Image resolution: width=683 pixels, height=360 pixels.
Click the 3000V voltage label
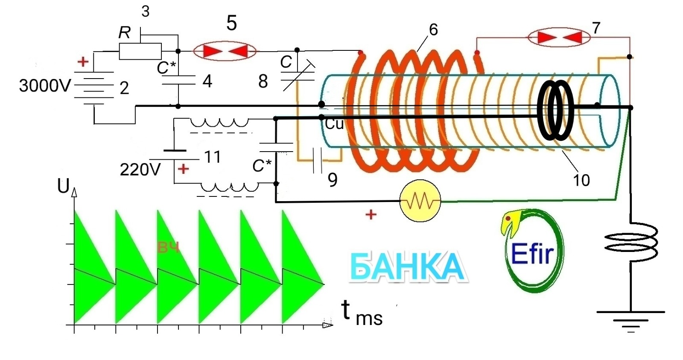tap(44, 86)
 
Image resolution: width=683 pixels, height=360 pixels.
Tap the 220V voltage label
tap(140, 170)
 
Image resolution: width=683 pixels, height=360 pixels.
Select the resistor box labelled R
tap(140, 51)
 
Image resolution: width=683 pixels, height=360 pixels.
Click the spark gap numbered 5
tap(225, 52)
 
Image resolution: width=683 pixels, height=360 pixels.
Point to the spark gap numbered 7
tap(559, 38)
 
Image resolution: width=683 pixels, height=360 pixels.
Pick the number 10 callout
tap(581, 180)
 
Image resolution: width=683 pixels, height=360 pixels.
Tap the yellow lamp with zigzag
tap(420, 201)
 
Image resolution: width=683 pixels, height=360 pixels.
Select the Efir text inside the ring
tap(532, 254)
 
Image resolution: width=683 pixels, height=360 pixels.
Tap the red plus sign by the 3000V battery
tap(83, 61)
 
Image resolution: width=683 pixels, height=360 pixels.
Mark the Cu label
tap(334, 124)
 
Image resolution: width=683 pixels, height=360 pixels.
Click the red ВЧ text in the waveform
tap(168, 247)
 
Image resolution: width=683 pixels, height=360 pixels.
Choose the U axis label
tap(63, 186)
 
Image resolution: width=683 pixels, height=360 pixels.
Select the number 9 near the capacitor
tap(333, 180)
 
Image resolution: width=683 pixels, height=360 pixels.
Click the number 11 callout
tap(212, 157)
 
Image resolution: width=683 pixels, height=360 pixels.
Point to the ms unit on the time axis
tap(369, 319)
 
